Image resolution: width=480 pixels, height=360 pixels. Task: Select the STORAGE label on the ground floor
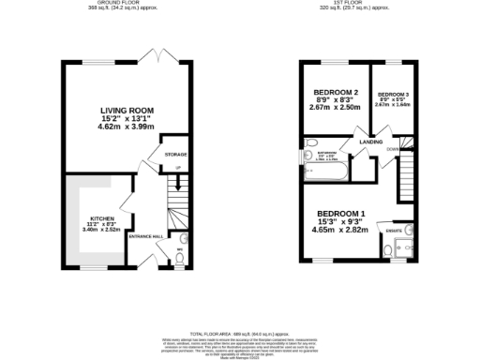click(175, 154)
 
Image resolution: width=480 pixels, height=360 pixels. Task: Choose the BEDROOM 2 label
click(333, 90)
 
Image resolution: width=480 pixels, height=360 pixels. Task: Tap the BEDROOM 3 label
click(392, 96)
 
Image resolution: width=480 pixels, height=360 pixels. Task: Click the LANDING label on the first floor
click(357, 142)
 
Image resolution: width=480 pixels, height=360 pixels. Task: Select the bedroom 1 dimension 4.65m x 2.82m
click(340, 230)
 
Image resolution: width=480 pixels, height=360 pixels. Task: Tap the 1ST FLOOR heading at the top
click(353, 3)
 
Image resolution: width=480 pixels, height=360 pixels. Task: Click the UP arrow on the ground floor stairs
click(177, 168)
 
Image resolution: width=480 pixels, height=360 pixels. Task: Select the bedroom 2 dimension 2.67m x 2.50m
click(333, 108)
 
